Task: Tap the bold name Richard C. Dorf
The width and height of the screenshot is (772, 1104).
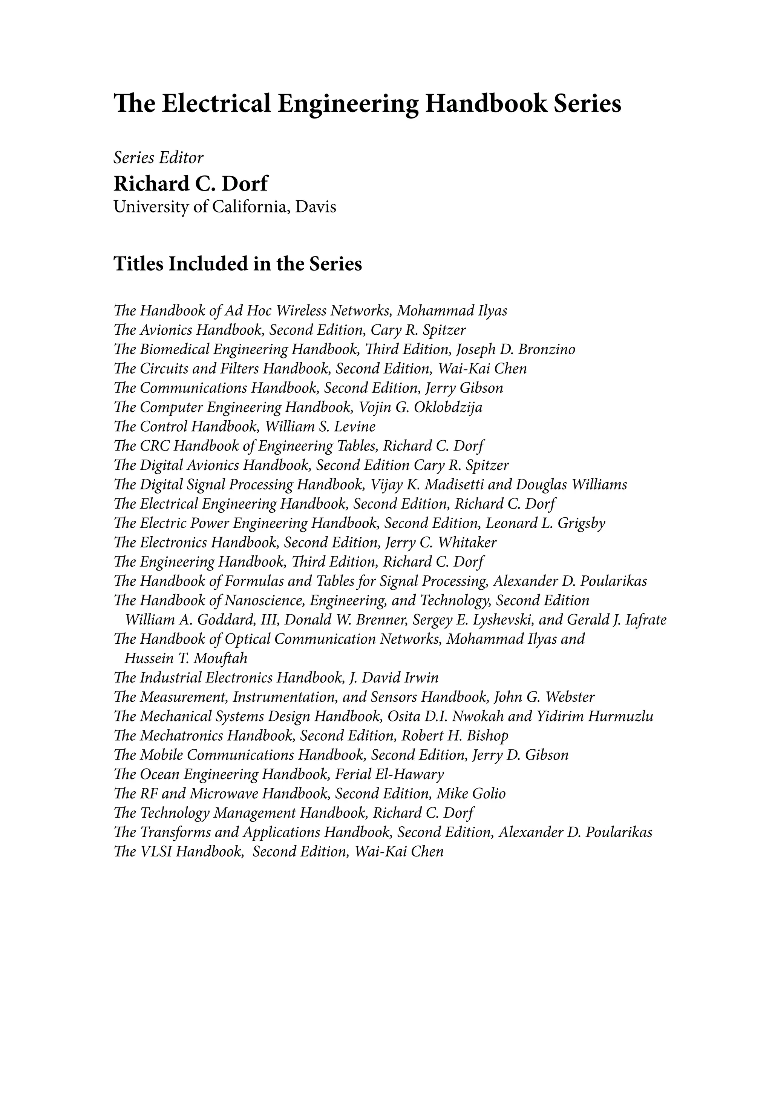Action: (x=191, y=183)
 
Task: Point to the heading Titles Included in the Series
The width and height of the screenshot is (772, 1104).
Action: (x=237, y=264)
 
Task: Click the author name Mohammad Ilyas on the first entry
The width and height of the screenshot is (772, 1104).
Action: (x=452, y=311)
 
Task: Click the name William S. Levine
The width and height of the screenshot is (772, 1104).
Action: (x=320, y=426)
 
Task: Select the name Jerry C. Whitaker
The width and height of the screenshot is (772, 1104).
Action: (x=441, y=543)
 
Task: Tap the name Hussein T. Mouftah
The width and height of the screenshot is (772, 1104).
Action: (x=186, y=658)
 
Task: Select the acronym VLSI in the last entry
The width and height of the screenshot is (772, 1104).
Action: (x=155, y=852)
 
